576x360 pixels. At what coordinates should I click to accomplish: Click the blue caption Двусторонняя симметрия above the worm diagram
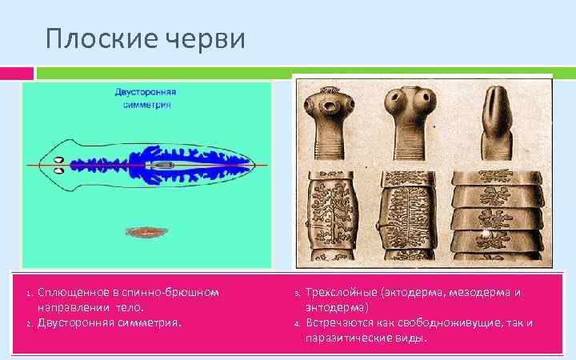146,98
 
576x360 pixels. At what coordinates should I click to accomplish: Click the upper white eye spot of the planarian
58,159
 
